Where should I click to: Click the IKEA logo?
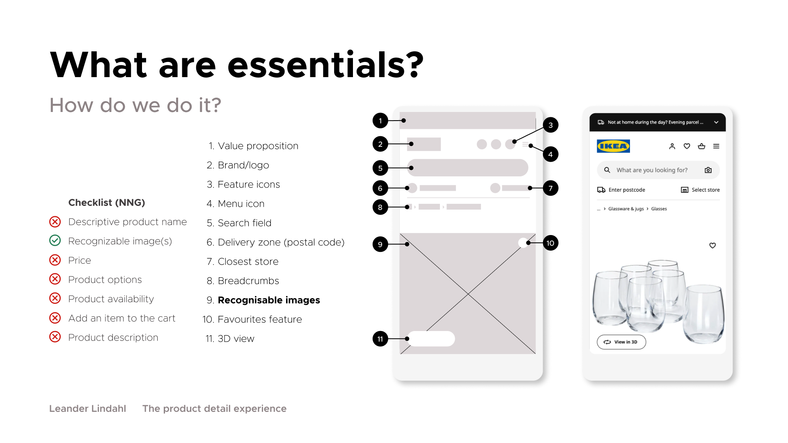point(613,146)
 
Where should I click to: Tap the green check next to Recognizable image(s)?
point(55,240)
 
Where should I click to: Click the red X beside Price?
point(55,260)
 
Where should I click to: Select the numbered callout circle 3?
point(550,125)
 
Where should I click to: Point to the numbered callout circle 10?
point(550,243)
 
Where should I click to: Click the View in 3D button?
point(621,342)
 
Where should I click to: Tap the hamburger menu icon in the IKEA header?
point(716,146)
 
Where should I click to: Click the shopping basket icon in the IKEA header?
point(701,146)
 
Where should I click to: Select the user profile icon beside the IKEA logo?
point(672,146)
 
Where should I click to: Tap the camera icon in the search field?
point(708,170)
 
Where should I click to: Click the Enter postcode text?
point(627,190)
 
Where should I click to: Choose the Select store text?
point(706,190)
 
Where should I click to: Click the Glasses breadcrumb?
point(659,209)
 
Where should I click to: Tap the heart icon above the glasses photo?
point(712,245)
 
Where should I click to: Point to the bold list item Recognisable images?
point(269,300)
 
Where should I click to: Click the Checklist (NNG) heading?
point(107,202)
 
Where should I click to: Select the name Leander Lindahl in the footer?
point(87,409)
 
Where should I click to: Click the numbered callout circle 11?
point(380,339)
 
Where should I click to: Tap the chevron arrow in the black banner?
point(716,122)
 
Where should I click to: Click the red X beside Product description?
point(55,337)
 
